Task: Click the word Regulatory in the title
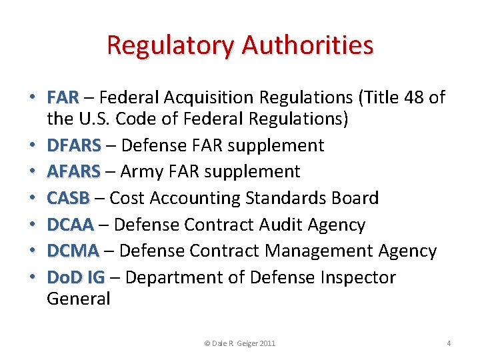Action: [x=171, y=45]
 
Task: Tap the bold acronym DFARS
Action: [x=74, y=145]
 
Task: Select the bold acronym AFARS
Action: [x=73, y=171]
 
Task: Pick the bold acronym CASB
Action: [x=68, y=198]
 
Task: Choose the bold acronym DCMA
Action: [x=73, y=251]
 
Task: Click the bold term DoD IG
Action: [x=75, y=277]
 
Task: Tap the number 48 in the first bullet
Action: [x=414, y=98]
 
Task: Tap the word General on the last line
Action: [x=78, y=298]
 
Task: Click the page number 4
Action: [x=449, y=343]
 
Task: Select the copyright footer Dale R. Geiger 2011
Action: [x=239, y=343]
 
